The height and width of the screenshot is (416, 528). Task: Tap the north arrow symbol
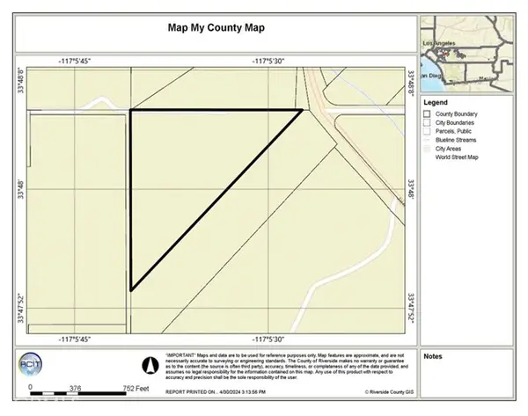pos(150,362)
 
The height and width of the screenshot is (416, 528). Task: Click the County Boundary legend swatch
pos(427,113)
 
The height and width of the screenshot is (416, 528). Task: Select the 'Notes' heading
pos(433,356)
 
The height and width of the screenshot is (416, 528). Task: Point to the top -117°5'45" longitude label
pos(76,61)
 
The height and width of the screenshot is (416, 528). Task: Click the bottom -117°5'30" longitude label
pos(270,339)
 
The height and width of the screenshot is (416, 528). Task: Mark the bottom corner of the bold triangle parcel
pos(131,289)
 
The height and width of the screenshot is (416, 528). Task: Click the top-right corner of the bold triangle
pos(302,110)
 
